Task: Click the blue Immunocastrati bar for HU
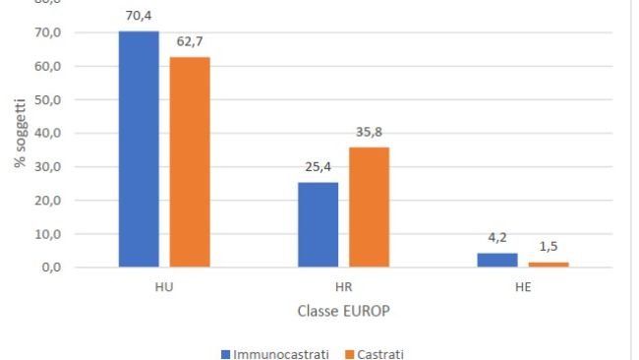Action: point(139,149)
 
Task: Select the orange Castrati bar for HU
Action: point(190,161)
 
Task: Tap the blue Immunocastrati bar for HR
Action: point(319,224)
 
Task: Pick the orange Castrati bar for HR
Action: point(369,207)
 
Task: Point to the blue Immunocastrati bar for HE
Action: point(497,260)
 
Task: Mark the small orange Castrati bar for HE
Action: point(549,264)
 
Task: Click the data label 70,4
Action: point(139,15)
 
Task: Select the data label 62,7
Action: point(190,41)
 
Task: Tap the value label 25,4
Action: point(319,166)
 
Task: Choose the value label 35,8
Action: point(369,132)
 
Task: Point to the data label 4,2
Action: point(497,237)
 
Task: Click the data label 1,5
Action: point(549,246)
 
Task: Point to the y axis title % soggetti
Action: point(19,134)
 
